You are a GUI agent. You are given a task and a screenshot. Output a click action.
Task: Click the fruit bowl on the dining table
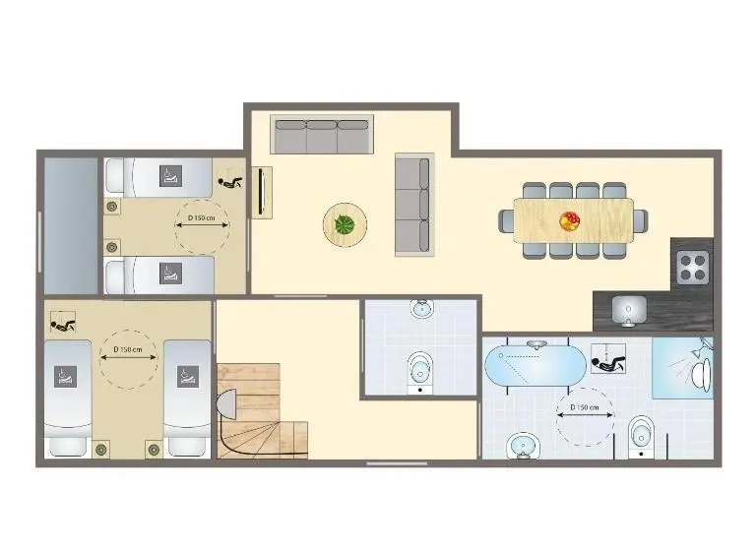click(x=569, y=221)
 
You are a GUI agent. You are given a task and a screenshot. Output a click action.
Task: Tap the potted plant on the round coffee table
click(x=345, y=224)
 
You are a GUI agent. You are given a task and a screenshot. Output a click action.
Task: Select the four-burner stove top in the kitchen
click(x=693, y=268)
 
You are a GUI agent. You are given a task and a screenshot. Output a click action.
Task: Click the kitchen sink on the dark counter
click(x=629, y=311)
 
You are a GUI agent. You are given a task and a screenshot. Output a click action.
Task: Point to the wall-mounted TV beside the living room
click(x=262, y=192)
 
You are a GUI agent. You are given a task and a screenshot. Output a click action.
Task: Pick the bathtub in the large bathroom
click(x=535, y=365)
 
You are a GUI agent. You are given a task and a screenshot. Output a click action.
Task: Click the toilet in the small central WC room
click(x=420, y=372)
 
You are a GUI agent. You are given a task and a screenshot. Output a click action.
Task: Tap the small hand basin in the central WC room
click(x=422, y=308)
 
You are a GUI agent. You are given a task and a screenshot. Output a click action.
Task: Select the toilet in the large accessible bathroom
click(x=641, y=436)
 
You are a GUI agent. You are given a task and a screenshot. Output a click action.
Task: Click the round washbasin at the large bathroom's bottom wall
click(x=524, y=446)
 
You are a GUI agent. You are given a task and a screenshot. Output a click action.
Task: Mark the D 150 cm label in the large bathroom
click(x=585, y=407)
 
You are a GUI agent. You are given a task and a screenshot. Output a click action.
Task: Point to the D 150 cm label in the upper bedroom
click(x=202, y=217)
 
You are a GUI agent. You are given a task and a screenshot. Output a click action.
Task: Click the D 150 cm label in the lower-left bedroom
click(x=128, y=349)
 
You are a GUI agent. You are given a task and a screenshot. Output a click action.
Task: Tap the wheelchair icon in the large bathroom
click(x=608, y=359)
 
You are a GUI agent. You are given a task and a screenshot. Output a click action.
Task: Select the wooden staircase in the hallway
click(x=262, y=410)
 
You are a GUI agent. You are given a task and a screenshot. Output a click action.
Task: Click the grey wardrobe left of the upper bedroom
click(x=71, y=225)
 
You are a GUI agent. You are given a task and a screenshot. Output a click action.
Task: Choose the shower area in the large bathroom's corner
click(x=683, y=368)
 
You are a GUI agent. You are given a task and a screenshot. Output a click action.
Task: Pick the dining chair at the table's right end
click(x=641, y=221)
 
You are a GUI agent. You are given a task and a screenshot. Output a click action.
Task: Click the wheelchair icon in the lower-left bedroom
click(x=63, y=323)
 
